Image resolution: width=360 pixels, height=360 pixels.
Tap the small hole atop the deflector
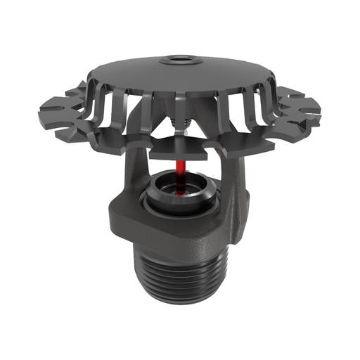[180, 58]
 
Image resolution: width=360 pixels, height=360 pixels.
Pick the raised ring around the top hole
[180, 62]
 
